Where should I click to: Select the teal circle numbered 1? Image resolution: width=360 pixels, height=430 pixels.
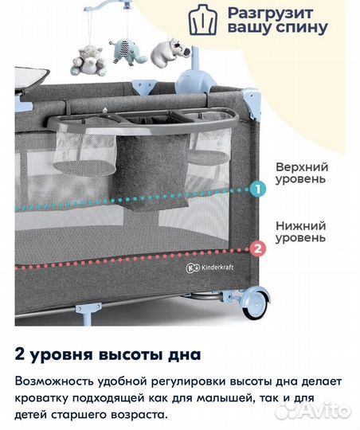[257, 190]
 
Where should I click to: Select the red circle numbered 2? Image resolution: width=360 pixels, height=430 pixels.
[257, 248]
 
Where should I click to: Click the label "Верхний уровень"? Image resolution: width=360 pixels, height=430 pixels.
[300, 174]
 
